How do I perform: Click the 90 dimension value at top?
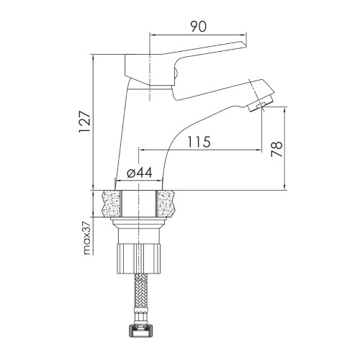199,27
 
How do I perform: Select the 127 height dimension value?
85,122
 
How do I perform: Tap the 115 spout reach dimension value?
199,142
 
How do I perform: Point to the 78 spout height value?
276,149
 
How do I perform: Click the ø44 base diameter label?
140,172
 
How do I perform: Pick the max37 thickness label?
86,238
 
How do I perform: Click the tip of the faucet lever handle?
246,45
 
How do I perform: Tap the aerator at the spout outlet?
260,104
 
